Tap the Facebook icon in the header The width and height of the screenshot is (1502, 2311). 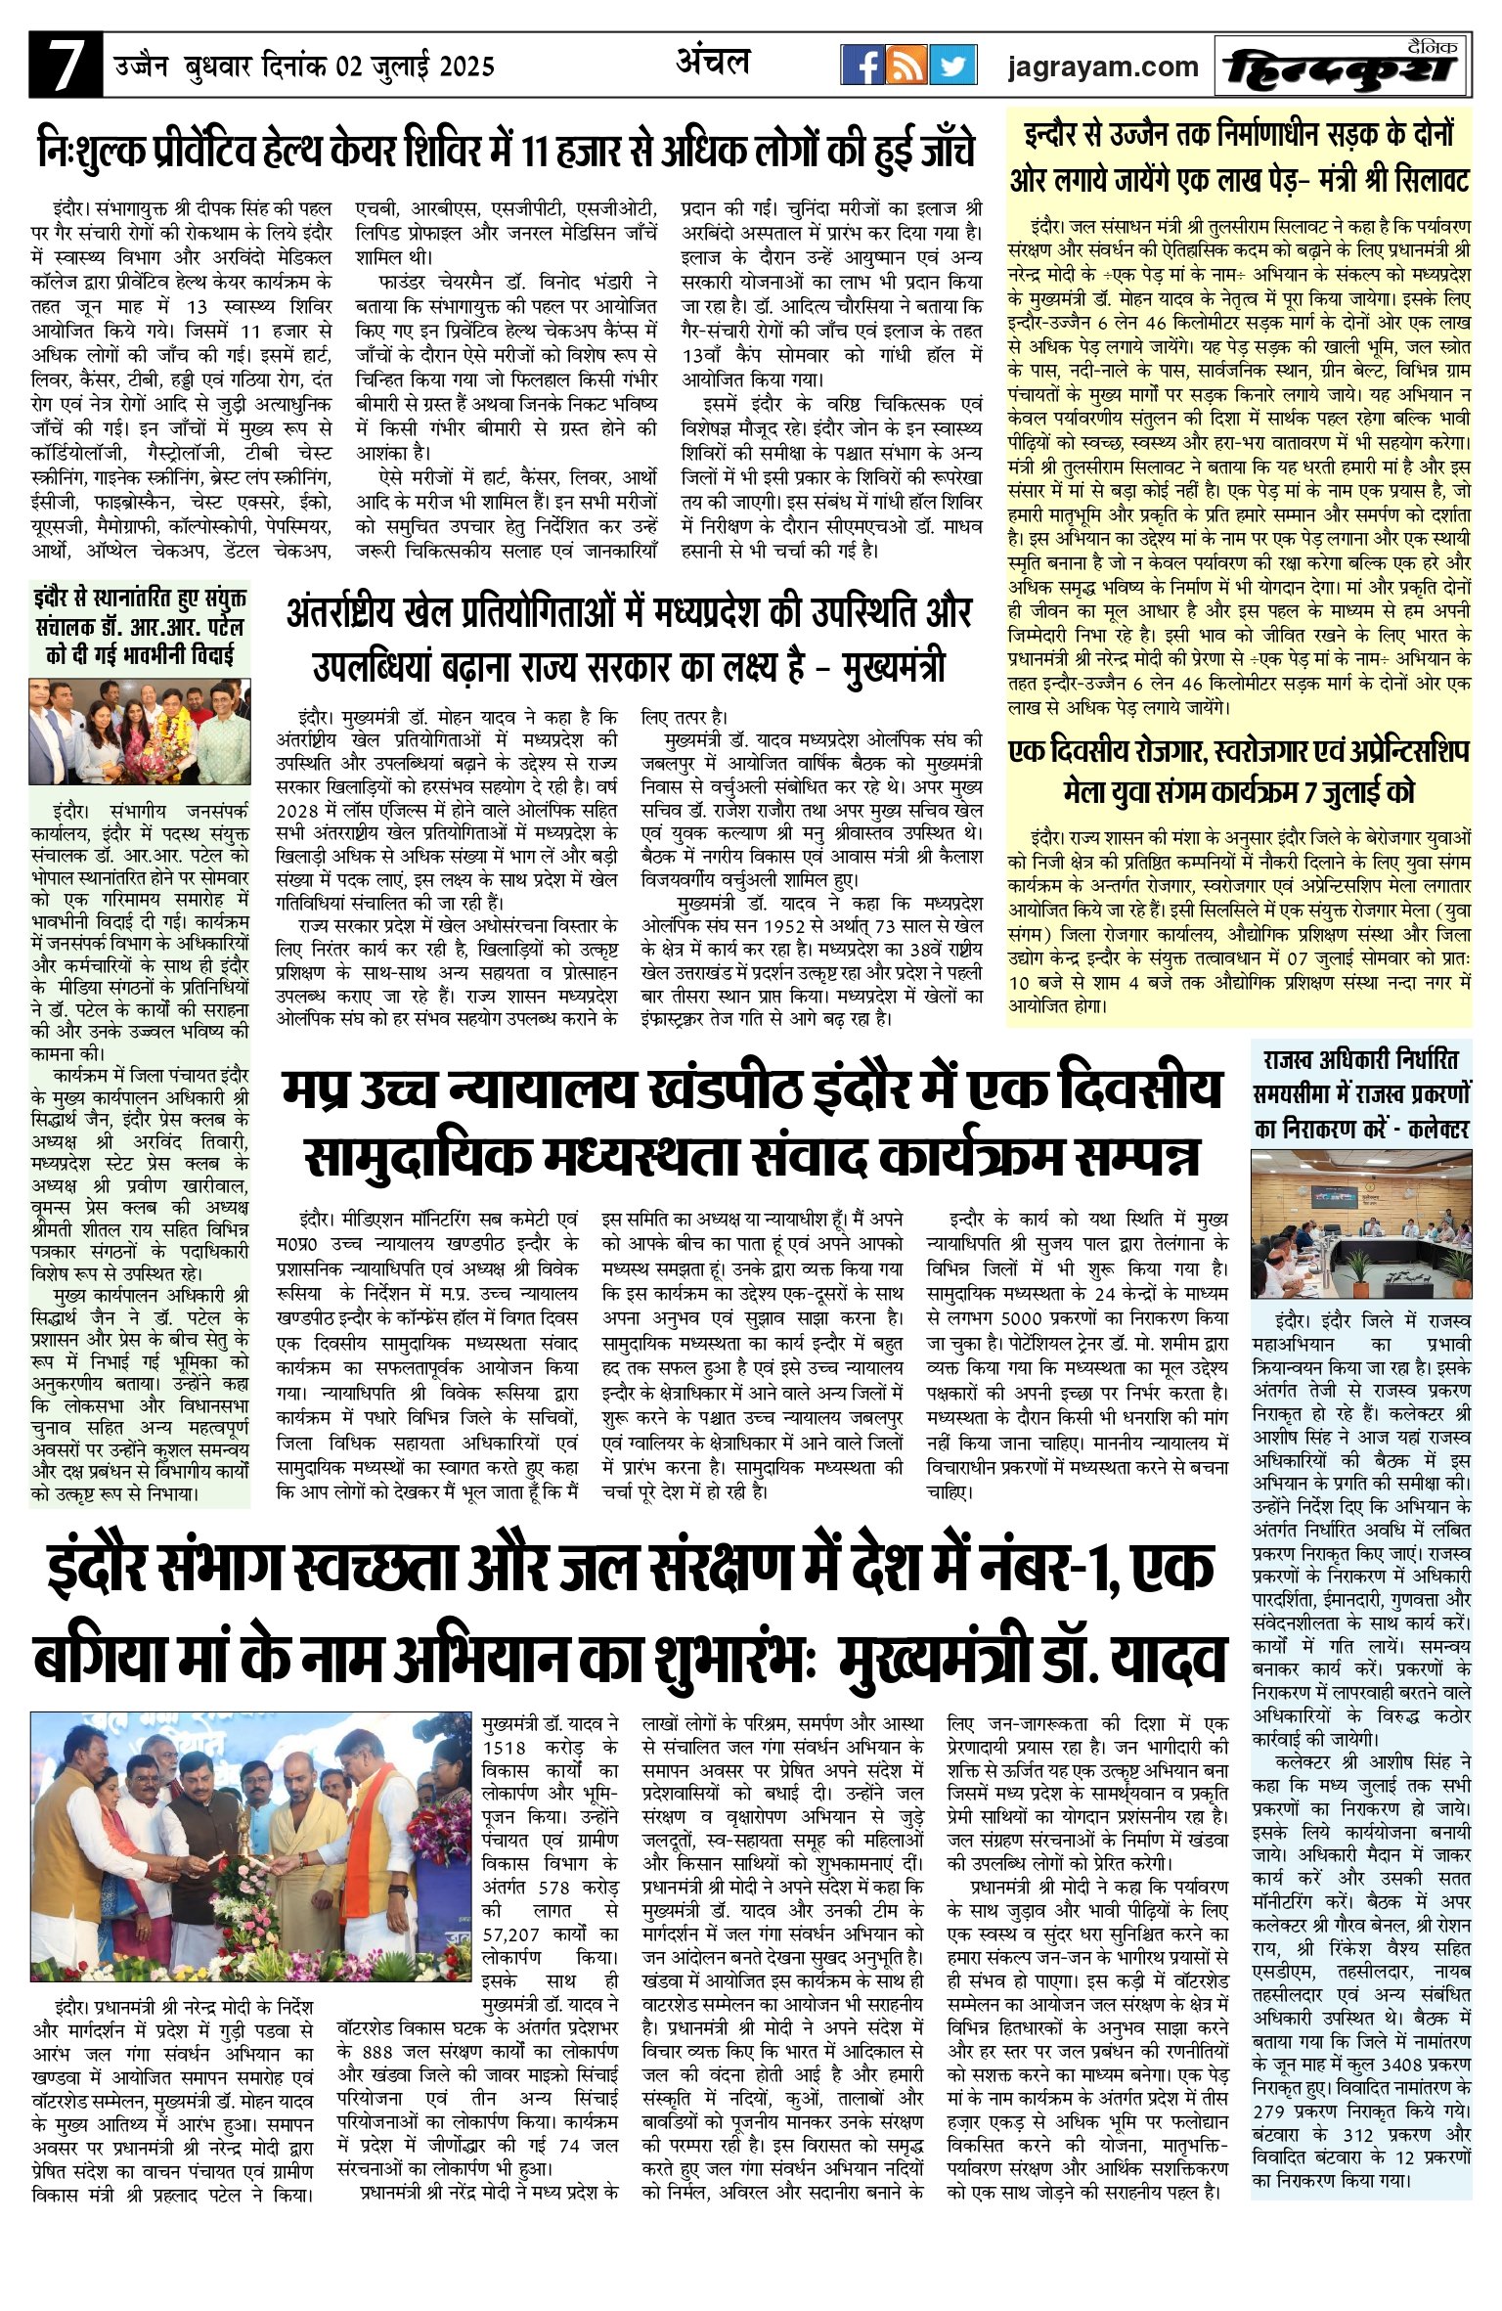(x=862, y=66)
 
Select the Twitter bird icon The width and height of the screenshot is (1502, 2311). (x=951, y=66)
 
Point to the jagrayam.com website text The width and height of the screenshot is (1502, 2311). (x=1103, y=67)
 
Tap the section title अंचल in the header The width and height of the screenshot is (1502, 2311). (x=714, y=63)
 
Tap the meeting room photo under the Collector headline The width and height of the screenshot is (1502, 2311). (x=1361, y=1211)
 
